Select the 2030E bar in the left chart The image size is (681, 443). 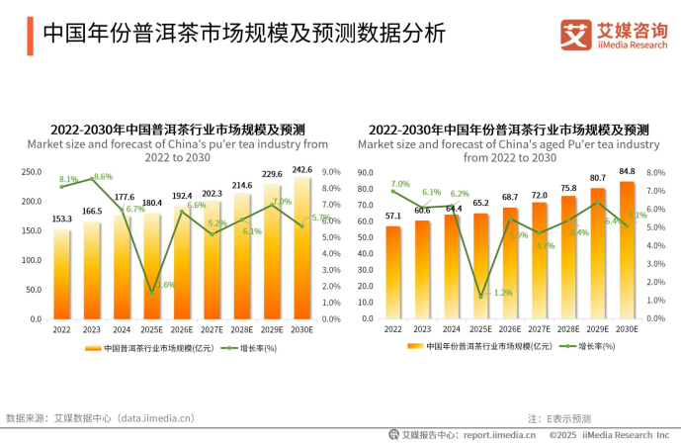(302, 247)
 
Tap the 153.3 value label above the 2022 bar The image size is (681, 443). (62, 220)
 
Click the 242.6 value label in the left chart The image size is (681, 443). (302, 169)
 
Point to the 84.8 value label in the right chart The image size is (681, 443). (628, 171)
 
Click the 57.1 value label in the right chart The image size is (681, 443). (393, 216)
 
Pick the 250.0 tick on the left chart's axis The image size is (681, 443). (32, 171)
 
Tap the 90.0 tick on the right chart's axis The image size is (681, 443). (365, 172)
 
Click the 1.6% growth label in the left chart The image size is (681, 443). (164, 285)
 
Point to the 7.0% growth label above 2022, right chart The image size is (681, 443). (400, 184)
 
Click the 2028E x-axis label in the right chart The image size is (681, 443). (568, 329)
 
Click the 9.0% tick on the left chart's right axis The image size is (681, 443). (332, 171)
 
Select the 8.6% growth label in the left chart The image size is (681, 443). (103, 177)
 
